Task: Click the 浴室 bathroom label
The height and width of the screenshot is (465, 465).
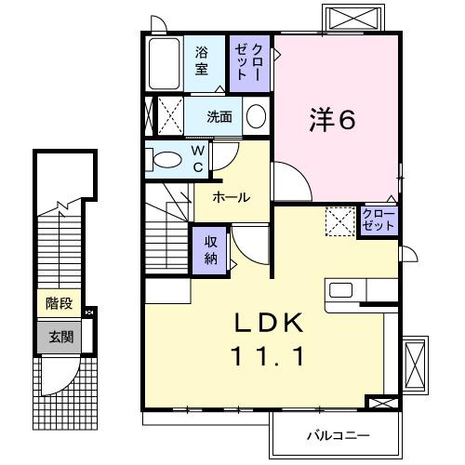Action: coord(202,63)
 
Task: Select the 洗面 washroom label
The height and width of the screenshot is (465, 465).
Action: coord(219,117)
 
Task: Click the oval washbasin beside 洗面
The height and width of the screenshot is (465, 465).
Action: coord(256,117)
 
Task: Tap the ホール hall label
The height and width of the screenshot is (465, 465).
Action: coord(230,197)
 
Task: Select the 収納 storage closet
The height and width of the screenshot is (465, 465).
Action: coord(211,248)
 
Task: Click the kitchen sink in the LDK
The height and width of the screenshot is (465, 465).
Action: coord(341,289)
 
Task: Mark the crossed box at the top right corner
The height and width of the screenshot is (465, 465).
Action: coord(352,18)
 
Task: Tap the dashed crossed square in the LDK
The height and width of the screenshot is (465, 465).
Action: coord(339,222)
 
